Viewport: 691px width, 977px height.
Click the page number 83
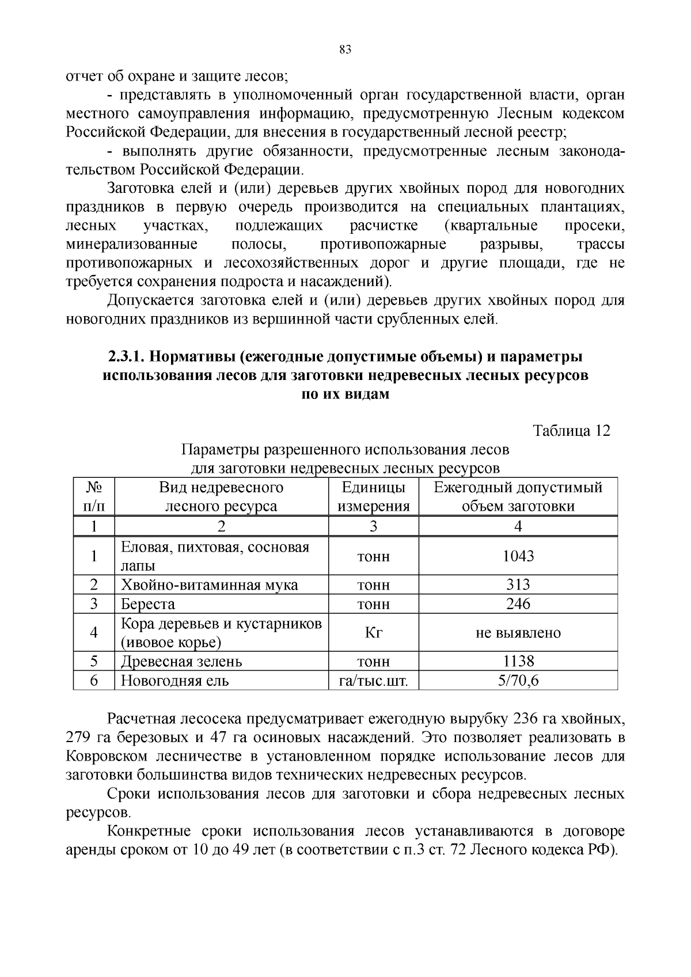345,50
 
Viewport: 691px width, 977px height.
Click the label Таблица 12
571,431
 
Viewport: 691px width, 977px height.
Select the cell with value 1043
518,556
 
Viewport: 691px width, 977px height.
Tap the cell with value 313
518,585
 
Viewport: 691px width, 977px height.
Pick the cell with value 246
518,604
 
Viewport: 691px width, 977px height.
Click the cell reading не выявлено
518,633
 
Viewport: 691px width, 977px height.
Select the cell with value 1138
518,661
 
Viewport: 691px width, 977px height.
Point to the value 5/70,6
518,681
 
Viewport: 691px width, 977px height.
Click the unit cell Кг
373,633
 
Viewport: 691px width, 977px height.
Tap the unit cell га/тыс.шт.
373,681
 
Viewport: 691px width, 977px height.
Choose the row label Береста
147,604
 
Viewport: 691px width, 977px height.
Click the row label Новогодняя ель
174,681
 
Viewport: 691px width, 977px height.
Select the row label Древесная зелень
181,661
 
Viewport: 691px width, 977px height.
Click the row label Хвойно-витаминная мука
209,585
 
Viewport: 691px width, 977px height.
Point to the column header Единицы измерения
373,497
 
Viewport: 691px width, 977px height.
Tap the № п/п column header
94,497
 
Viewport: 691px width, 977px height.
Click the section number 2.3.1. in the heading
127,357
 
